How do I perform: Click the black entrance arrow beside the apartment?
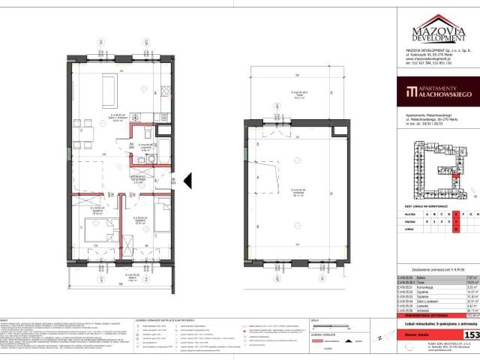[x=188, y=180]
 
